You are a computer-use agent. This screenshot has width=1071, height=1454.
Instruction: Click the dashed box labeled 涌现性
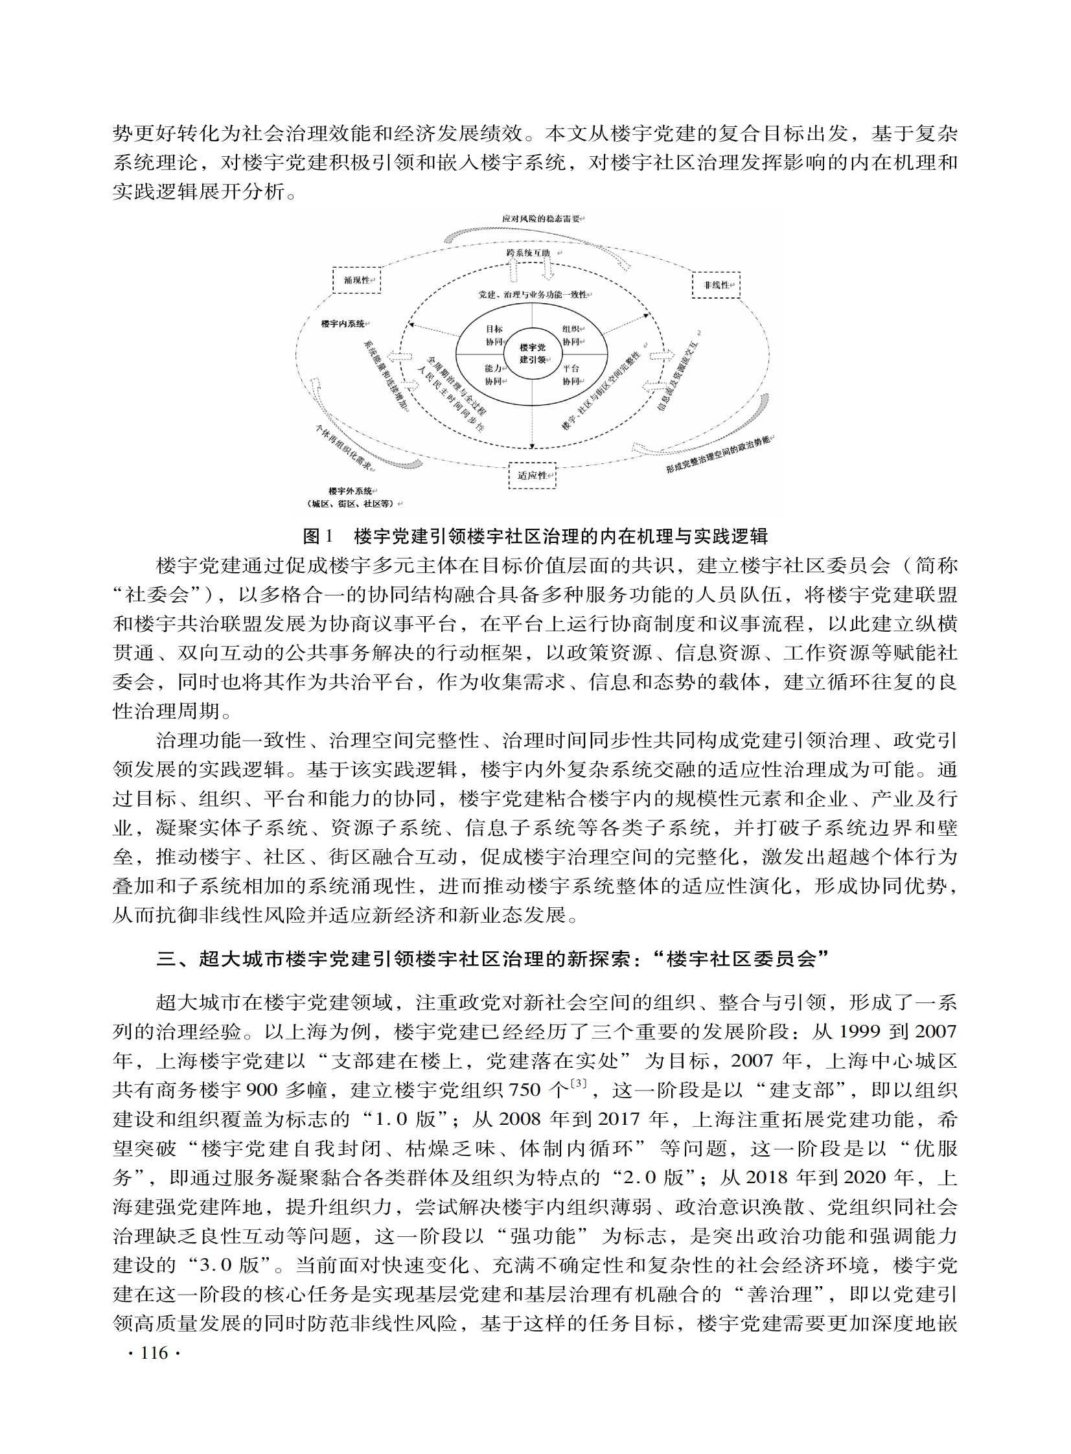pyautogui.click(x=356, y=281)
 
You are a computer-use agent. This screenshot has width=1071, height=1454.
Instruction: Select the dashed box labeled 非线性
pyautogui.click(x=716, y=284)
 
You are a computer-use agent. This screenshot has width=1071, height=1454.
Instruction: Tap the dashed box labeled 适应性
pyautogui.click(x=532, y=475)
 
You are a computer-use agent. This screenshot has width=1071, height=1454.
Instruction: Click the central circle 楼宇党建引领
pyautogui.click(x=532, y=353)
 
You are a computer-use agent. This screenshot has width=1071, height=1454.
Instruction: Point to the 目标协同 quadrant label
pyautogui.click(x=494, y=335)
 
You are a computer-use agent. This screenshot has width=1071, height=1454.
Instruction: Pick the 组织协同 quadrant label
pyautogui.click(x=571, y=335)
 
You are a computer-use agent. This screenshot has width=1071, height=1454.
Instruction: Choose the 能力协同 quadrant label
pyautogui.click(x=494, y=375)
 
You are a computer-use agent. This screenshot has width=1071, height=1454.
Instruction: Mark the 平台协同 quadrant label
pyautogui.click(x=571, y=375)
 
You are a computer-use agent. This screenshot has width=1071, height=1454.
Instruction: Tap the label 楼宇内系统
pyautogui.click(x=343, y=323)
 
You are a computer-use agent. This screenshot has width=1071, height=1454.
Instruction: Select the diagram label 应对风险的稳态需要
pyautogui.click(x=542, y=219)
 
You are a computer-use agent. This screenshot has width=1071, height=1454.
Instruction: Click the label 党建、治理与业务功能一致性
pyautogui.click(x=532, y=294)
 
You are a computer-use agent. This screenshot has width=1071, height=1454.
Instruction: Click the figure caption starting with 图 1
pyautogui.click(x=535, y=536)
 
